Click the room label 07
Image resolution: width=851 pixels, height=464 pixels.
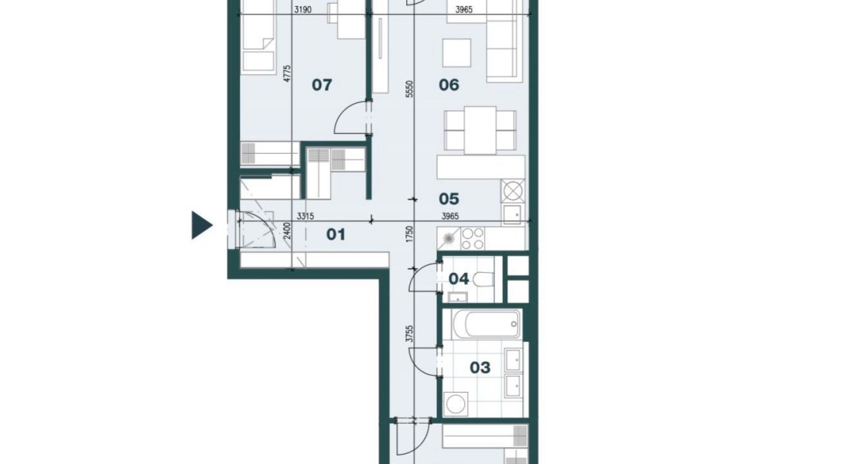click(x=322, y=84)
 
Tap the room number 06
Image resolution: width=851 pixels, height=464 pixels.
click(x=449, y=84)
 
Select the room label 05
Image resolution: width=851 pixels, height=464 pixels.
click(x=449, y=199)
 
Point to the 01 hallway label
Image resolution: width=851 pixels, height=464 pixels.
click(x=336, y=234)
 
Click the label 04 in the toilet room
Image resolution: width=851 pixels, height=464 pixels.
click(x=459, y=279)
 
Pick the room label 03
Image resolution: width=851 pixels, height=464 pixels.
click(x=480, y=368)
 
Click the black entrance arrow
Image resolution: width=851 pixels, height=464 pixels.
click(x=202, y=225)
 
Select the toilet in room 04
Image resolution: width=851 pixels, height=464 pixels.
click(x=483, y=280)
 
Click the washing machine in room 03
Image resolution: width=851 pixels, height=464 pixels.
click(x=455, y=404)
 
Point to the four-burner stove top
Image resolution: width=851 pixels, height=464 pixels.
click(x=473, y=239)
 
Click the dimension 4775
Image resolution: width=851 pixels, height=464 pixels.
click(x=288, y=73)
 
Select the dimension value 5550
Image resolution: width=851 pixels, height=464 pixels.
click(x=410, y=90)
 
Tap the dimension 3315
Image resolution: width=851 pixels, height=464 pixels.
click(x=306, y=216)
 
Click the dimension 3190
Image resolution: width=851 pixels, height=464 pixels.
click(x=302, y=9)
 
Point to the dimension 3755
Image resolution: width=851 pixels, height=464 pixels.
click(x=410, y=334)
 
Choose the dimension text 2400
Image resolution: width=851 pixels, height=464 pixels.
click(x=288, y=230)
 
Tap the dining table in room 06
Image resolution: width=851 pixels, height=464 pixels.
click(x=480, y=130)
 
